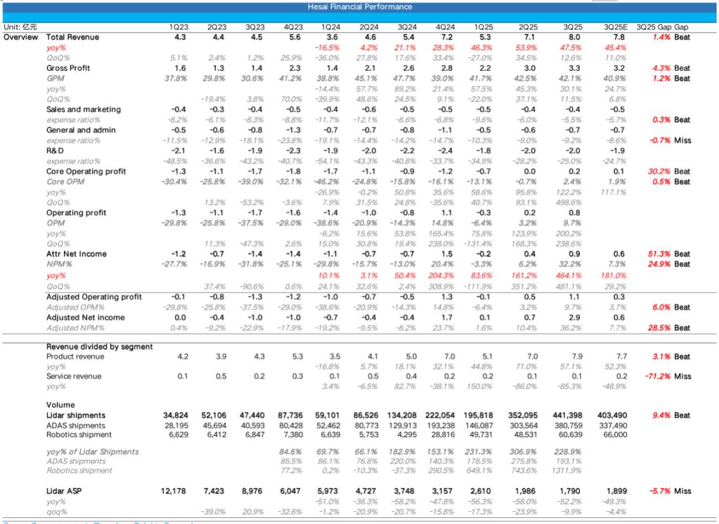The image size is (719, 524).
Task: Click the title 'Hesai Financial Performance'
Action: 359,7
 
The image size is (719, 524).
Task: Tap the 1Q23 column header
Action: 179,27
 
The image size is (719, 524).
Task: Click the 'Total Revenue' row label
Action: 73,37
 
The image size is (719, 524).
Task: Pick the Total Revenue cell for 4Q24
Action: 447,37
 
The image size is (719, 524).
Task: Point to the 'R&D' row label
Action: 55,151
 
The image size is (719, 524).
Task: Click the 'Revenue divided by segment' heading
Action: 99,347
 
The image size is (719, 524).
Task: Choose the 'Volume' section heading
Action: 60,405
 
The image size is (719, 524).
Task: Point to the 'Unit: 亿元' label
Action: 20,27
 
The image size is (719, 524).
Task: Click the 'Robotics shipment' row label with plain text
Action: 75,434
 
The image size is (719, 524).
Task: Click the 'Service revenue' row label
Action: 74,377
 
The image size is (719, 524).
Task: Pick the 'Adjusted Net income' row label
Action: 85,318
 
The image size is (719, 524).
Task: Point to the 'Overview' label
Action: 21,37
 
